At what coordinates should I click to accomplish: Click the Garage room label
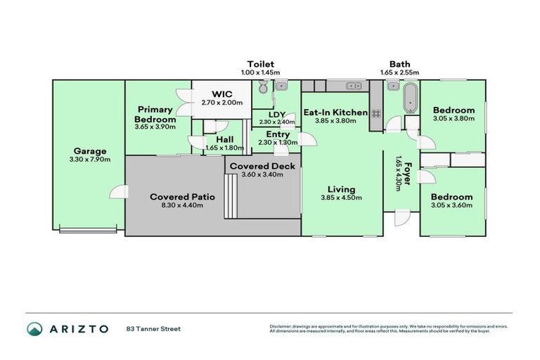(x=89, y=150)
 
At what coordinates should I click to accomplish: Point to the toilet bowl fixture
(x=262, y=87)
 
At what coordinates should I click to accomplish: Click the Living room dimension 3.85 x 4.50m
(x=341, y=198)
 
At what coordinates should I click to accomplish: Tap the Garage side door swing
(x=120, y=191)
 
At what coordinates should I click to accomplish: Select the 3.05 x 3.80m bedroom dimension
(x=454, y=119)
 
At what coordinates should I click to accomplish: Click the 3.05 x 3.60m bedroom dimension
(x=451, y=206)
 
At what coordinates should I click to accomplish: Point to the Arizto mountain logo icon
(x=34, y=329)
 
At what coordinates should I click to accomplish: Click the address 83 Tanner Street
(x=153, y=328)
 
